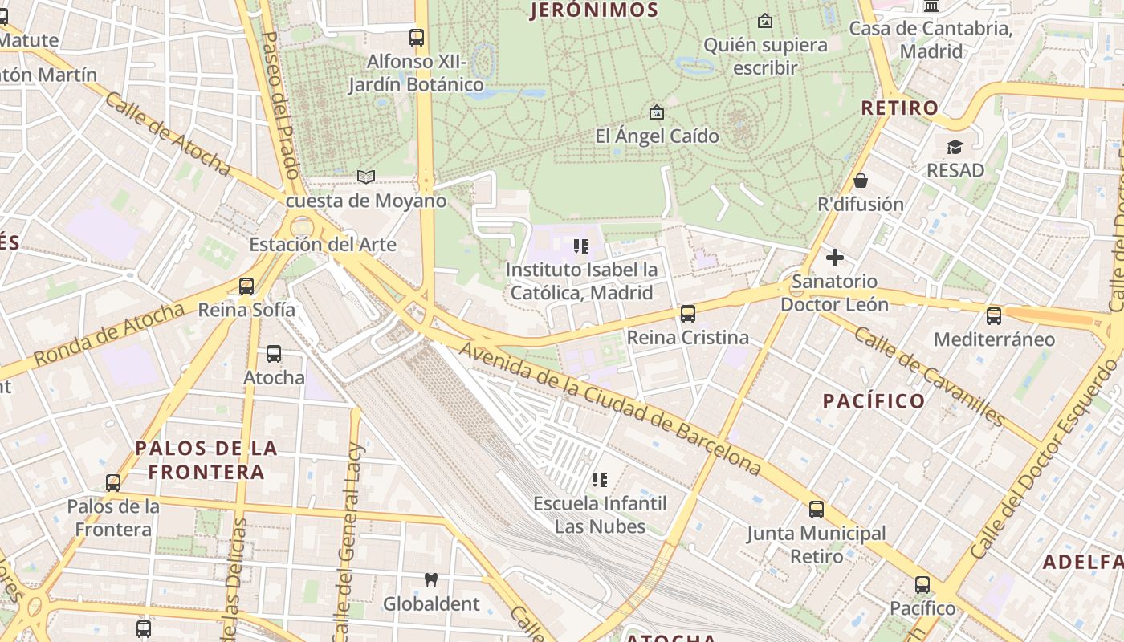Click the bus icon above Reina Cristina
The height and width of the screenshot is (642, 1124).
click(688, 314)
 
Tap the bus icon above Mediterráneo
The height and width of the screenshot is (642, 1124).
click(994, 316)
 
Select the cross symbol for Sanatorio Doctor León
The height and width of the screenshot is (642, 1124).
click(835, 258)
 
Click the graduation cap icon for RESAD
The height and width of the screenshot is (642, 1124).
click(955, 147)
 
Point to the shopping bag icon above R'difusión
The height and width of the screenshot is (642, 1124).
click(861, 181)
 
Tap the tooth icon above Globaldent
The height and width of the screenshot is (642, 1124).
click(431, 579)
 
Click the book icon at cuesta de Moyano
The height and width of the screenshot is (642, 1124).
click(366, 177)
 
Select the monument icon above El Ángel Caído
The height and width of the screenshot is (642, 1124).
click(657, 112)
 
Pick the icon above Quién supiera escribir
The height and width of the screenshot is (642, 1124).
click(765, 21)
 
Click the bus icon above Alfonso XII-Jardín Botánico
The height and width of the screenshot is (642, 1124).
click(416, 37)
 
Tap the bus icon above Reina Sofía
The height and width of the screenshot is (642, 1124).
click(246, 286)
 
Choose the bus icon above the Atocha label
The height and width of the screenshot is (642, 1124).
click(274, 353)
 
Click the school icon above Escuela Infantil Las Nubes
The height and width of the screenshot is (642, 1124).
click(600, 480)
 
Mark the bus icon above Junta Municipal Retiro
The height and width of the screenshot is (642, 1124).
click(817, 509)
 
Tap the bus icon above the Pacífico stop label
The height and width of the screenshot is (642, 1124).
click(922, 584)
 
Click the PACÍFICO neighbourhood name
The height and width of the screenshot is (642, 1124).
click(874, 400)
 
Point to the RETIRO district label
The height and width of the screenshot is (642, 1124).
click(899, 108)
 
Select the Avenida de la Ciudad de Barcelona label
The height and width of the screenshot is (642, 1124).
click(609, 408)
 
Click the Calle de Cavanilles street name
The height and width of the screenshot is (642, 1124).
click(929, 376)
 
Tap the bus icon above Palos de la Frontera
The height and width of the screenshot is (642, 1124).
click(113, 483)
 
